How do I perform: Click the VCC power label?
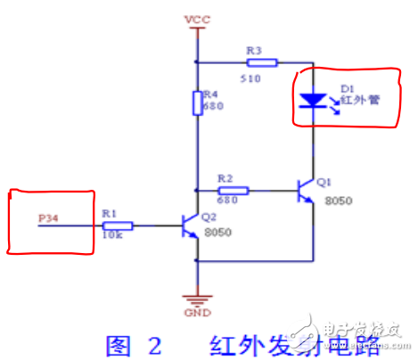click(x=195, y=18)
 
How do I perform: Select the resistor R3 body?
click(x=263, y=62)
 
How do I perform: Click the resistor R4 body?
click(x=196, y=102)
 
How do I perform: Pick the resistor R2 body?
click(x=234, y=189)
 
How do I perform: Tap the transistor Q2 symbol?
click(x=190, y=226)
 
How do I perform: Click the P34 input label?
click(x=48, y=217)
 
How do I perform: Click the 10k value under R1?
click(x=111, y=238)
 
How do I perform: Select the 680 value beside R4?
click(x=213, y=105)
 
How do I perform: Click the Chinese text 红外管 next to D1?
click(x=365, y=100)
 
